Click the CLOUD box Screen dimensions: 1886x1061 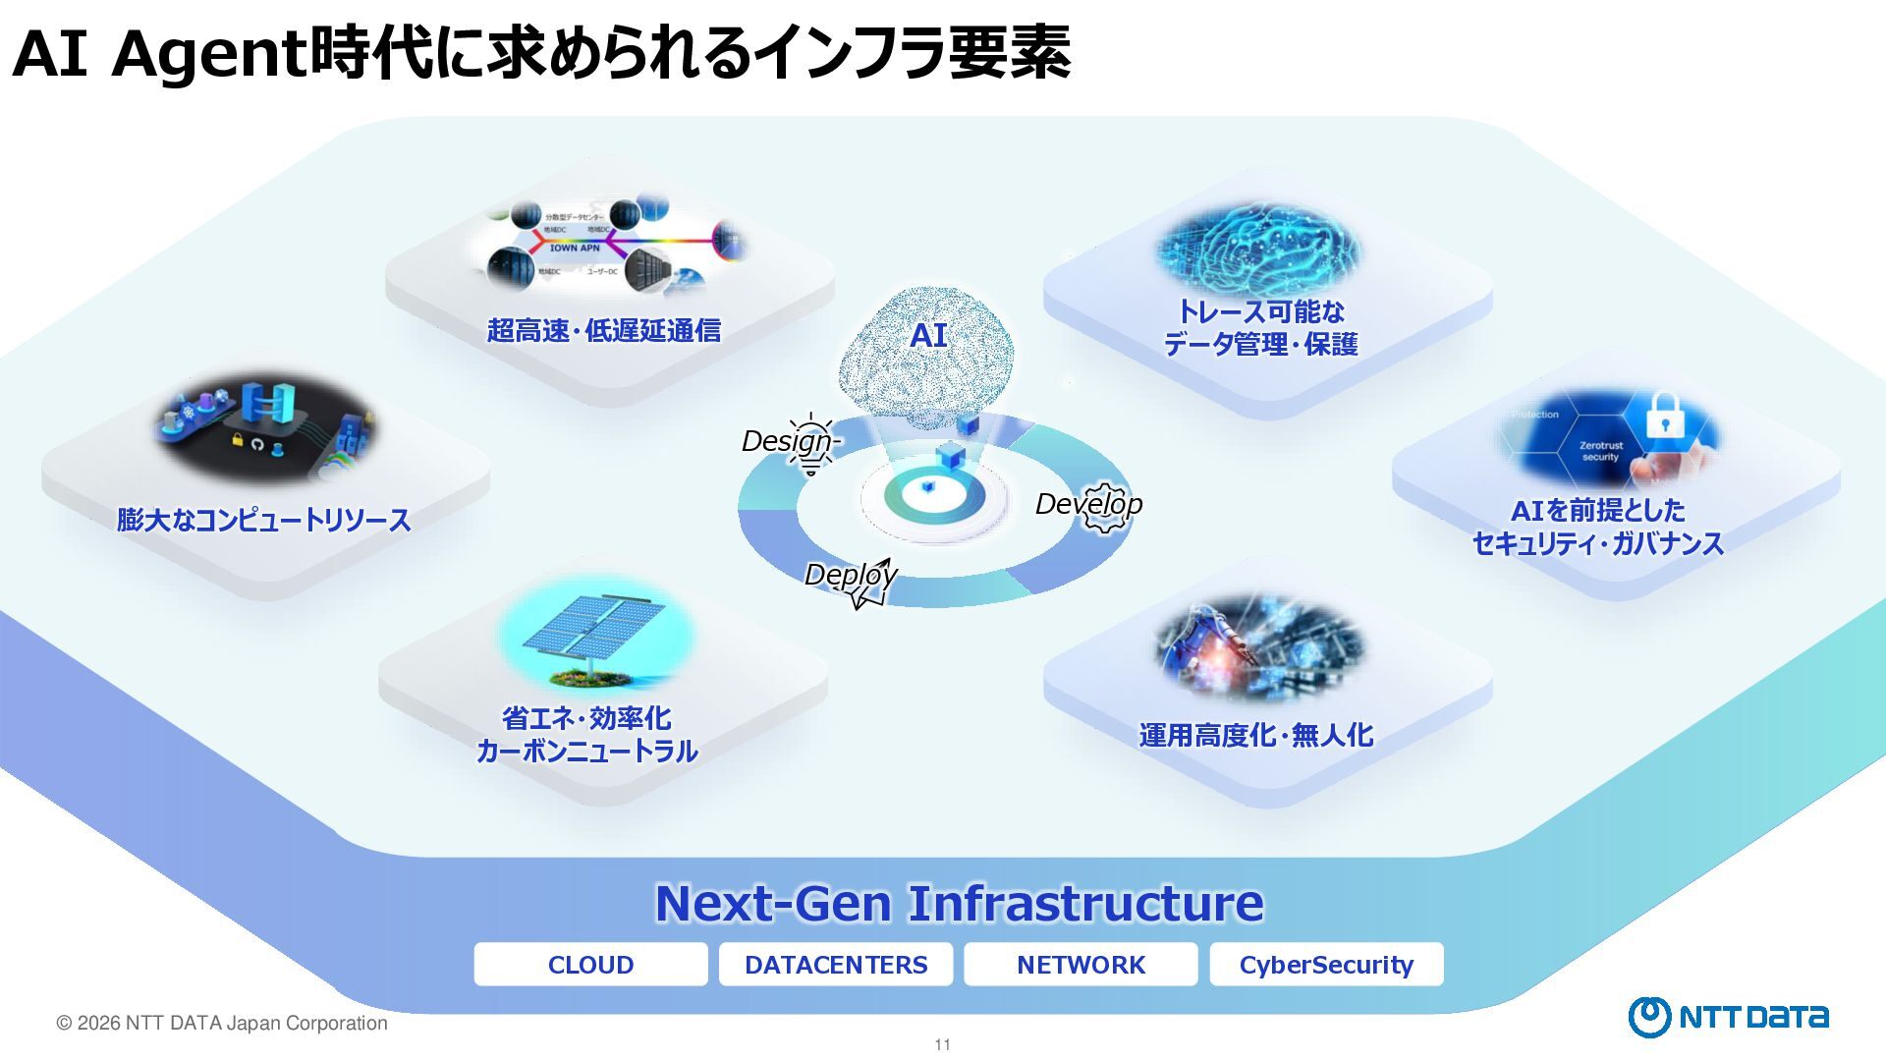point(590,965)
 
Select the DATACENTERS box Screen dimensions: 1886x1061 point(836,965)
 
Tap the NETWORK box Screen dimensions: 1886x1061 point(1081,965)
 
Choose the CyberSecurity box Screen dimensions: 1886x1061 point(1326,965)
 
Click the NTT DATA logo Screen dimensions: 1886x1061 point(1728,1017)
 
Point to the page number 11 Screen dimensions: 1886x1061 point(943,1044)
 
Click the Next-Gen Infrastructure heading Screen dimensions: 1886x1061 point(959,903)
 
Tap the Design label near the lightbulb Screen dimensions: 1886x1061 point(787,441)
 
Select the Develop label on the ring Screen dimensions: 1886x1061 point(1088,504)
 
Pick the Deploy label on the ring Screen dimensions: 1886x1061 point(850,575)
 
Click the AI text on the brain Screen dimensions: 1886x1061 point(928,335)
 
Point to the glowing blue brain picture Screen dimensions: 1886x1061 point(1257,246)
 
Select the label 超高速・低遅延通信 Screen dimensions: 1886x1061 point(603,330)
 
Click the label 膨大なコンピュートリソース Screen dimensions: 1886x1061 point(263,520)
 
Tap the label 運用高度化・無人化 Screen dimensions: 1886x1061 point(1255,735)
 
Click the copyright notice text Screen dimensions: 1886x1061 point(222,1023)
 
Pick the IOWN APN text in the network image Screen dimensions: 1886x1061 point(575,249)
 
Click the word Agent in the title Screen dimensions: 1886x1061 point(208,54)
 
